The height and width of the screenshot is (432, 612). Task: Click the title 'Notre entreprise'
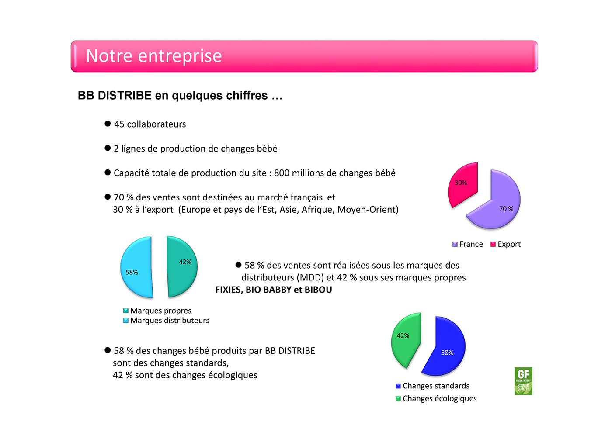pos(154,56)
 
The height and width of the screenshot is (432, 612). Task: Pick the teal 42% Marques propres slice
pos(181,266)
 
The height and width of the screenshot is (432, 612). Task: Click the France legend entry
pos(468,244)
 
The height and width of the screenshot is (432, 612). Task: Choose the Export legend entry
pos(506,244)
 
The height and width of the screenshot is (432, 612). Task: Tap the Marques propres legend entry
pos(157,311)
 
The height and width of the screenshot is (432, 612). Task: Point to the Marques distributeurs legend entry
pos(166,321)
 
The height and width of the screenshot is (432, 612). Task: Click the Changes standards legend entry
pos(432,386)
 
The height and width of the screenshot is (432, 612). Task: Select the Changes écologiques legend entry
pos(436,398)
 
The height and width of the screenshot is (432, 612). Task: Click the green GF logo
pos(523,381)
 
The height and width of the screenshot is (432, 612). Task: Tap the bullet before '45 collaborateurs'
pos(108,124)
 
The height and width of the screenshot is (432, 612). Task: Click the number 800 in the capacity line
pos(282,173)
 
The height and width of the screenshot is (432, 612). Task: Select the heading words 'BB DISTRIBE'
pos(115,96)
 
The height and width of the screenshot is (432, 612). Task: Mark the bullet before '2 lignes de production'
pos(108,148)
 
